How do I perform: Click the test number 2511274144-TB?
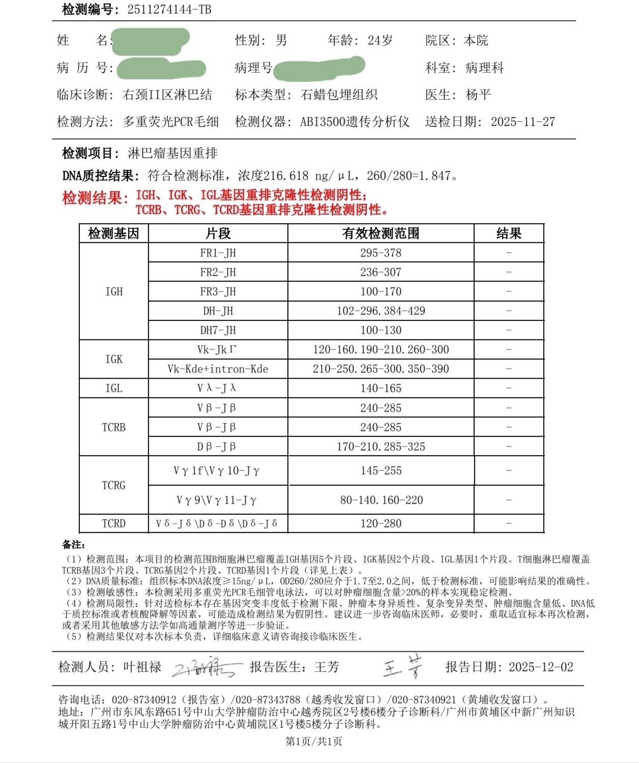pyautogui.click(x=169, y=9)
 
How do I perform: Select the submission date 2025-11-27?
pyautogui.click(x=522, y=122)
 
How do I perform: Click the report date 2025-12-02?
pyautogui.click(x=541, y=667)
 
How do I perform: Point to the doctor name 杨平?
pyautogui.click(x=478, y=95)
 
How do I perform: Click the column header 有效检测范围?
pyautogui.click(x=381, y=233)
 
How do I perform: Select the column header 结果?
pyautogui.click(x=509, y=233)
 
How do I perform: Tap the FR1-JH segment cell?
pyautogui.click(x=218, y=253)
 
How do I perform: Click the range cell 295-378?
pyautogui.click(x=381, y=253)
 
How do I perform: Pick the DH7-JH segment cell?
pyautogui.click(x=218, y=330)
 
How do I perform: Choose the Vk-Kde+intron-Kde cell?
pyautogui.click(x=218, y=369)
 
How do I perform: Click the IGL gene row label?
pyautogui.click(x=113, y=388)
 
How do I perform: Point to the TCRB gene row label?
pyautogui.click(x=113, y=427)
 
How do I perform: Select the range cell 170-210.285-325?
pyautogui.click(x=381, y=447)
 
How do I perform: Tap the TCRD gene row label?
pyautogui.click(x=113, y=523)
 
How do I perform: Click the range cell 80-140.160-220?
pyautogui.click(x=381, y=500)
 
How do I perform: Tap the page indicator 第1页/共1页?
pyautogui.click(x=313, y=741)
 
